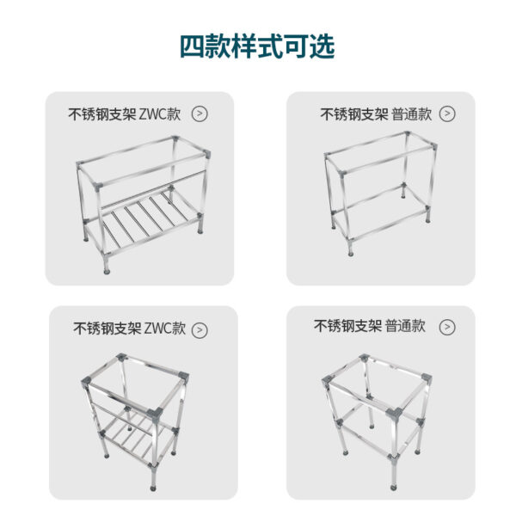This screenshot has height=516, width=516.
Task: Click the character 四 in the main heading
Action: (x=193, y=46)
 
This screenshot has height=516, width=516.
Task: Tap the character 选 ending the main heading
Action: (x=322, y=46)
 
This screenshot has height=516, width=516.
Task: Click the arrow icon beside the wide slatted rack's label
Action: (x=200, y=114)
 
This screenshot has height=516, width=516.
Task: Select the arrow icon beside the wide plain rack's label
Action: (x=447, y=114)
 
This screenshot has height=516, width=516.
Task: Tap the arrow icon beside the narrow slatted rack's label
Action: (x=200, y=330)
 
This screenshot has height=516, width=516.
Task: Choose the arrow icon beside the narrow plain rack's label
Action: (x=447, y=327)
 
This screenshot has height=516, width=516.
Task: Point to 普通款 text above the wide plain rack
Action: (x=412, y=114)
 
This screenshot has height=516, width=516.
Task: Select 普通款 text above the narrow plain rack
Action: (x=405, y=326)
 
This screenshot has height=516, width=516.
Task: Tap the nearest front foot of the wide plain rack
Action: (x=351, y=251)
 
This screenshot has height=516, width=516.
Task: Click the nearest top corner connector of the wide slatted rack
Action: (x=98, y=187)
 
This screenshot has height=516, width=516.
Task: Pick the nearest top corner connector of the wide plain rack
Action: (x=342, y=174)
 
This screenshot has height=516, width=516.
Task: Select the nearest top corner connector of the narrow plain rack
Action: (x=395, y=414)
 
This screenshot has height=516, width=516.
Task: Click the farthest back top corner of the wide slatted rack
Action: (x=175, y=138)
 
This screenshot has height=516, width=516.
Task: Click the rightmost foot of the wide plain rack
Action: (x=427, y=218)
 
